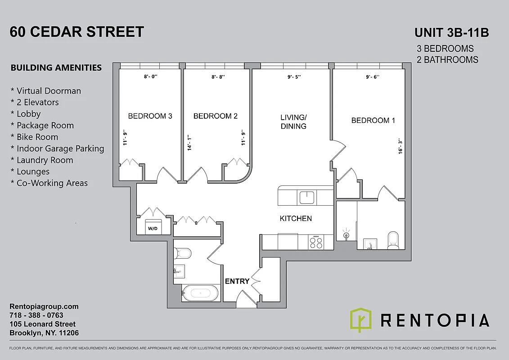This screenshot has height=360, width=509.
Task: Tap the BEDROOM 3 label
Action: coord(150,116)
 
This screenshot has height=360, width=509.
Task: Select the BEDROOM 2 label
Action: coord(215,116)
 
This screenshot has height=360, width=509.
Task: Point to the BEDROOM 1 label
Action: coord(373,120)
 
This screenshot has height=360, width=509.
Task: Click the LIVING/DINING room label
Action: coord(293,122)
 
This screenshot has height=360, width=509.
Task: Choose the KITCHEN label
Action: coord(296,218)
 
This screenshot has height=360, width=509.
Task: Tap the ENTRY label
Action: coord(237,281)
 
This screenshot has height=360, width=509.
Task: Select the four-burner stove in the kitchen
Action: coord(316,242)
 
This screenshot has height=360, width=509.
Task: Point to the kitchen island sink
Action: coord(307,197)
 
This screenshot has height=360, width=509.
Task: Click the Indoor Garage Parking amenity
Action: coord(60,148)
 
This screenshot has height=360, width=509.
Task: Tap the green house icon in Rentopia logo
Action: coord(361,320)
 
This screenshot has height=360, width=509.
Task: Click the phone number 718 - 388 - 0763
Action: coord(36,315)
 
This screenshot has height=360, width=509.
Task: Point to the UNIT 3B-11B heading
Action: coord(451,33)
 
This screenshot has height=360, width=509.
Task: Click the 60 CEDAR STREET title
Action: coord(77,32)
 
